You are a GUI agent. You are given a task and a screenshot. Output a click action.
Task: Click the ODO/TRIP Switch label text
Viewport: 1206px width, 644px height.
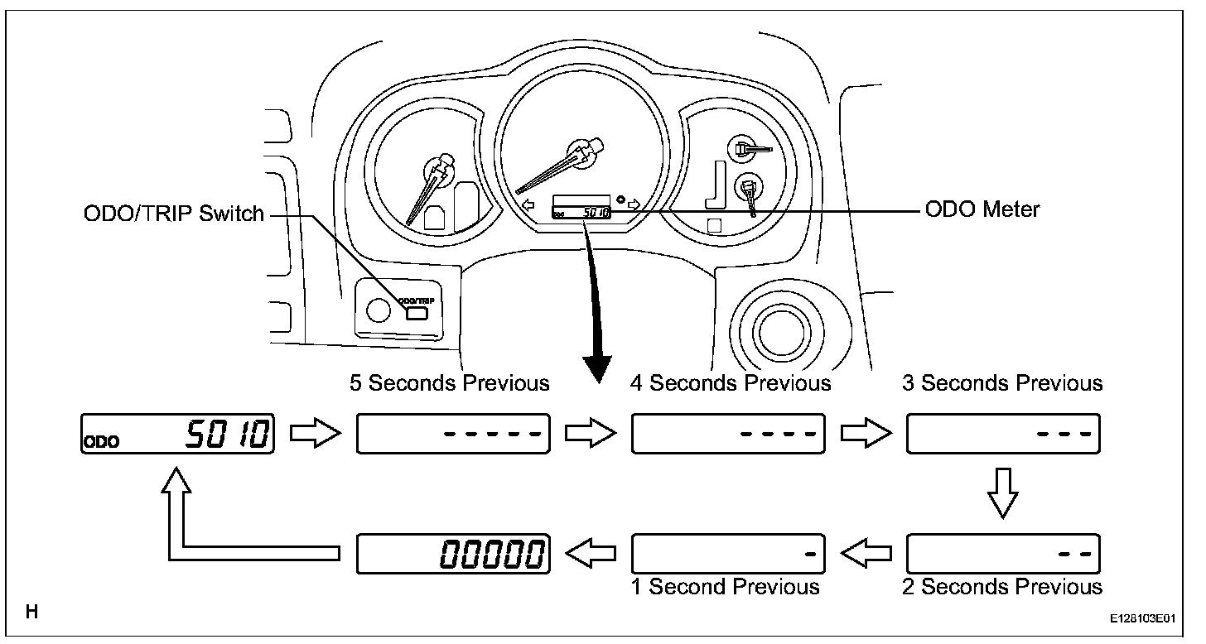[173, 214]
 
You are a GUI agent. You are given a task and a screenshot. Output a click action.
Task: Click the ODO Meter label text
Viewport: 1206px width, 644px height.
[982, 209]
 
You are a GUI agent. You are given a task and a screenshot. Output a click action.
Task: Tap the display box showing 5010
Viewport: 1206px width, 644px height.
[177, 434]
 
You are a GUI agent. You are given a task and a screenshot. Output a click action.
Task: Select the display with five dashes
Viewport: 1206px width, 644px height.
[453, 434]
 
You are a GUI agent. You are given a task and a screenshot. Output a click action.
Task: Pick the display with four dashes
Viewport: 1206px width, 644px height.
[728, 434]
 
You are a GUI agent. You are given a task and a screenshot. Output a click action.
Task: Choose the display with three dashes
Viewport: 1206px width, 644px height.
[1004, 434]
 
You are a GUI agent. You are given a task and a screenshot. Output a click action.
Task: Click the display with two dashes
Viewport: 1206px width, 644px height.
[1004, 554]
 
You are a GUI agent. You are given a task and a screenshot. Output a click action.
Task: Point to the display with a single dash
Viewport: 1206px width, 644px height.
[728, 554]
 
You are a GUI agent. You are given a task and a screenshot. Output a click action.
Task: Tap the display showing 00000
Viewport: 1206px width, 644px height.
[453, 554]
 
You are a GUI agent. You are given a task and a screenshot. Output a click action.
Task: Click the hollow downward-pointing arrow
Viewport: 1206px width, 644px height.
[1003, 493]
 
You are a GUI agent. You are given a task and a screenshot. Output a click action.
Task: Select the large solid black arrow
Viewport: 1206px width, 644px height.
[595, 304]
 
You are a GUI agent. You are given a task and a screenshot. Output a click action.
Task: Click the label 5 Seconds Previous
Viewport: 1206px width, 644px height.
[450, 383]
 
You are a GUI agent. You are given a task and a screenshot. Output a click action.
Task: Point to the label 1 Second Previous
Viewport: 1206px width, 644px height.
[726, 586]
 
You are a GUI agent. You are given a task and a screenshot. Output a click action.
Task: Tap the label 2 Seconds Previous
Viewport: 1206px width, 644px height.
[1002, 586]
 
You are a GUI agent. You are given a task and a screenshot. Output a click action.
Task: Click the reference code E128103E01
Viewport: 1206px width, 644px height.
[1142, 618]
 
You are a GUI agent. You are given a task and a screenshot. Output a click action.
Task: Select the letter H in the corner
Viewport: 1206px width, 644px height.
[31, 612]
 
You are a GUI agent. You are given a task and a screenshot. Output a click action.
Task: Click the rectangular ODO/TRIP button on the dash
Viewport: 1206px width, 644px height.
[416, 313]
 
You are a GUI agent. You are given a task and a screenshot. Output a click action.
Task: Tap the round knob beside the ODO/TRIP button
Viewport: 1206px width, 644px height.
[378, 310]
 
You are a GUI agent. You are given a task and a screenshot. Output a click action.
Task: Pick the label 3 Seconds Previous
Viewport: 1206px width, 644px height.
[1002, 383]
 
